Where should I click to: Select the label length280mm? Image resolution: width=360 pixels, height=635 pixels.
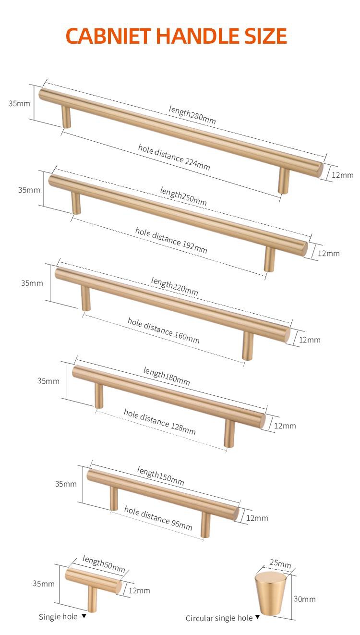[x=192, y=115]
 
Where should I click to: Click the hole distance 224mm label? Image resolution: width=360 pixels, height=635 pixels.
[x=174, y=157]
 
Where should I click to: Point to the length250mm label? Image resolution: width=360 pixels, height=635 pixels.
[x=183, y=196]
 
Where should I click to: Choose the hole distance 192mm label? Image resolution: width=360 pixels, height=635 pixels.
[x=171, y=240]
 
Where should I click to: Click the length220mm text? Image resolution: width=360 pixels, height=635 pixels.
[x=174, y=286]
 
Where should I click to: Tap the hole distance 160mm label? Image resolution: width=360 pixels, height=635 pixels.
[x=163, y=330]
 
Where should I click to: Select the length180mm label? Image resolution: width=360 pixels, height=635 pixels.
[x=167, y=376]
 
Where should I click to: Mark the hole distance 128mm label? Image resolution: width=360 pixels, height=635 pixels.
[x=160, y=422]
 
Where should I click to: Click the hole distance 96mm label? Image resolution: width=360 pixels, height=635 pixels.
[x=158, y=518]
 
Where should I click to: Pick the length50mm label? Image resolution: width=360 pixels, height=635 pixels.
[x=104, y=564]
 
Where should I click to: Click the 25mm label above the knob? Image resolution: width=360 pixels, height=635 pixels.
[x=280, y=563]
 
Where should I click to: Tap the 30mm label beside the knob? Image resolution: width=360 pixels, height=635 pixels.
[x=304, y=599]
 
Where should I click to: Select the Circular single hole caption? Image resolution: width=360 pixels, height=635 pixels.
[x=219, y=618]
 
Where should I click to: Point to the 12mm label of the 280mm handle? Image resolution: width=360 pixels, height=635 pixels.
[x=342, y=175]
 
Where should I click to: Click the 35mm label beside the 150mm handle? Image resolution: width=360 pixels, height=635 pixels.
[x=66, y=484]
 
